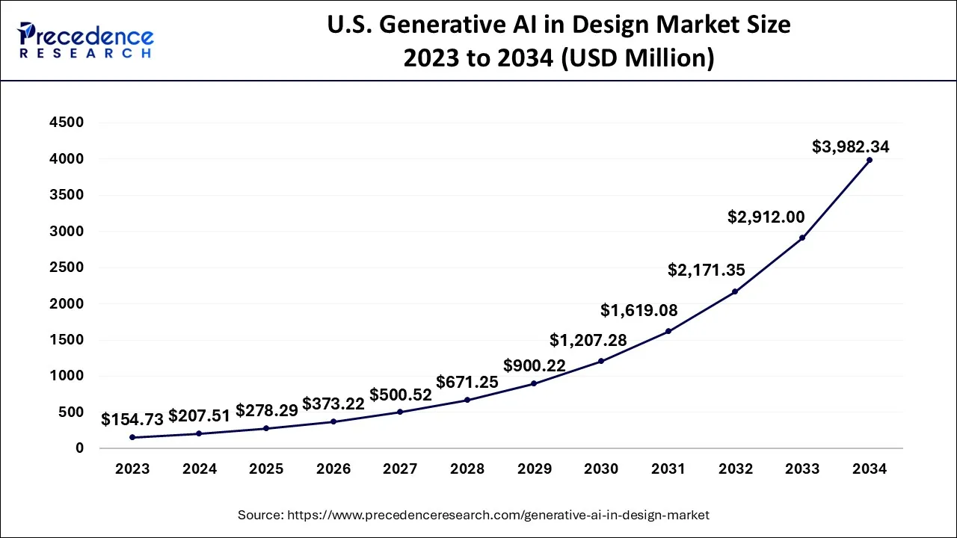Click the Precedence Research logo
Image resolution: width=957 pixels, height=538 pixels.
tap(85, 40)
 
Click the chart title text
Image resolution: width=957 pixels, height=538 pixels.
tap(558, 41)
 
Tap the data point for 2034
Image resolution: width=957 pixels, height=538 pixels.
tap(869, 160)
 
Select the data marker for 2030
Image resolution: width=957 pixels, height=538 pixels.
tap(601, 361)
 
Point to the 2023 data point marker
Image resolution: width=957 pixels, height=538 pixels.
tap(132, 437)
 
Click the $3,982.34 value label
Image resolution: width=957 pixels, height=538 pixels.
tap(850, 147)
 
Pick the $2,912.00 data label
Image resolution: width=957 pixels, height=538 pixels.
tap(766, 217)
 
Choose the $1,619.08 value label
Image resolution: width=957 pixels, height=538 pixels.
tap(639, 310)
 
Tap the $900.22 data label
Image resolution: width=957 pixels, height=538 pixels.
tap(534, 365)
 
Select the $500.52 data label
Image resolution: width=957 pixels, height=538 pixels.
tap(400, 395)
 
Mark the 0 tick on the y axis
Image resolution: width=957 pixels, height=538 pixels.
tap(79, 448)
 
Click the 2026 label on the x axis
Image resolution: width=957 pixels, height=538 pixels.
tap(333, 469)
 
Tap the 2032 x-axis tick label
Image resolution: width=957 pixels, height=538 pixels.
tap(735, 469)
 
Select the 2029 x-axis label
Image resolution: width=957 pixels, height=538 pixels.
tap(534, 469)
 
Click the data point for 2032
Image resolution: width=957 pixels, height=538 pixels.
tap(735, 291)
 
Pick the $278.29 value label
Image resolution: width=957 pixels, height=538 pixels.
tap(267, 410)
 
